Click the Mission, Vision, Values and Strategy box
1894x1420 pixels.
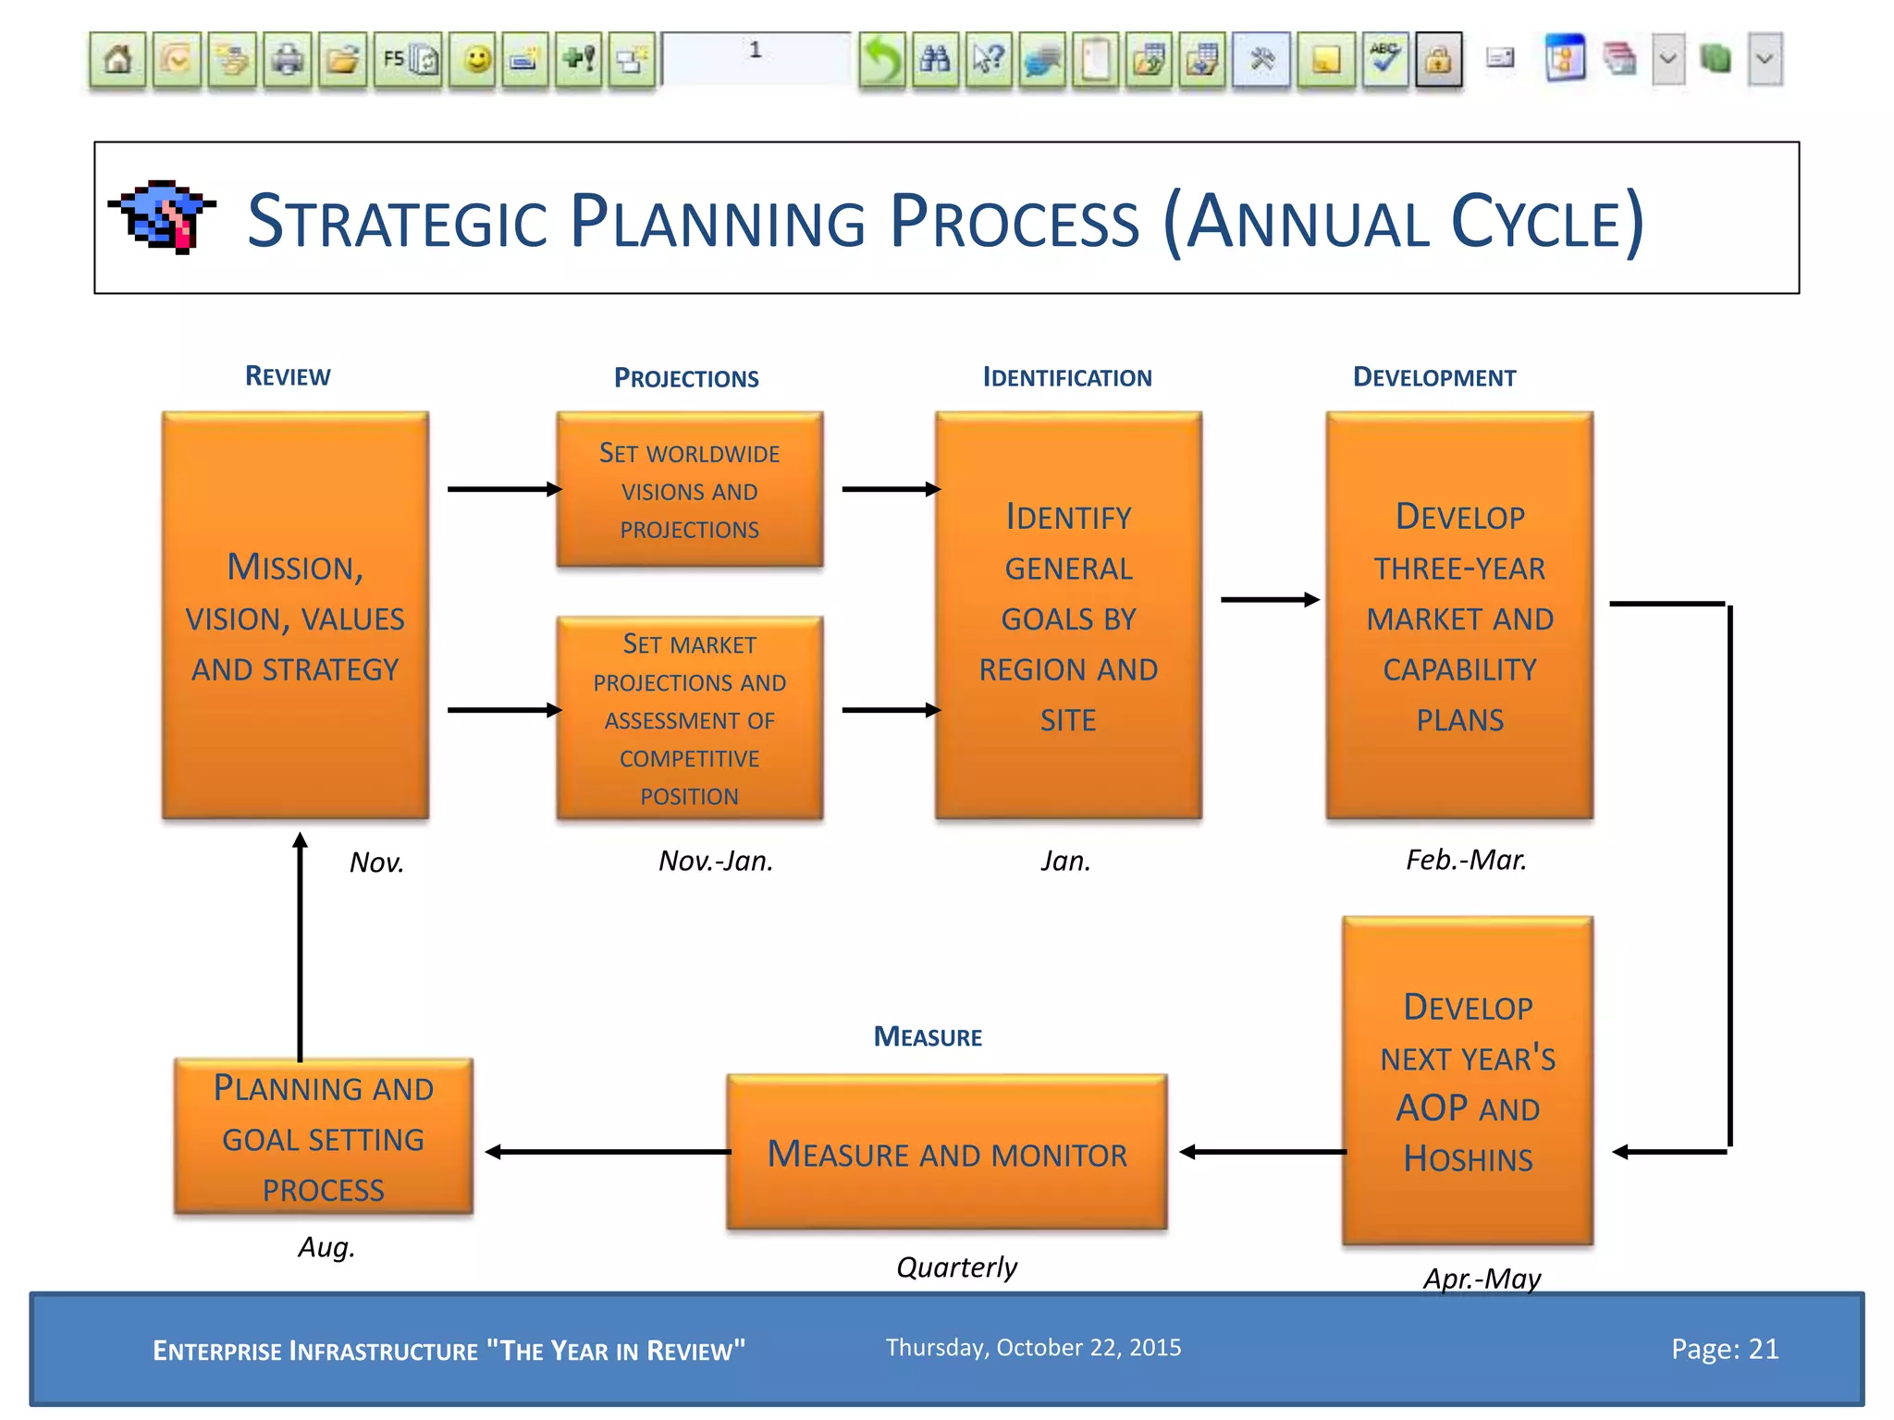point(295,616)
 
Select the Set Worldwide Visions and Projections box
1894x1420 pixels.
point(689,490)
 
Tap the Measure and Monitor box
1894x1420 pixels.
point(946,1153)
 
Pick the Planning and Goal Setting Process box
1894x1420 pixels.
point(323,1137)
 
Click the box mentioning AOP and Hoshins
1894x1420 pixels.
point(1467,1082)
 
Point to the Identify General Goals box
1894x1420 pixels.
point(1068,616)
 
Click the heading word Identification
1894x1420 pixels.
point(1066,377)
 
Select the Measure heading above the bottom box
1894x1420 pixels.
point(928,1036)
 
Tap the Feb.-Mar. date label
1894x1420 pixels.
point(1466,860)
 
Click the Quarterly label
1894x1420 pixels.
point(956,1267)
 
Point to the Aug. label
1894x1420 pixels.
point(326,1247)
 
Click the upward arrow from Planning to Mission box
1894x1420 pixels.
point(300,943)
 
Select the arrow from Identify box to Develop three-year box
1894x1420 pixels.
point(1269,600)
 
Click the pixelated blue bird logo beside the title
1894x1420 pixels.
point(163,216)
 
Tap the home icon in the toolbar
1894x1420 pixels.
point(117,60)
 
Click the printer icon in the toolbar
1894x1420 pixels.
point(288,60)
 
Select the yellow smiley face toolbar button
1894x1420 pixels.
point(476,60)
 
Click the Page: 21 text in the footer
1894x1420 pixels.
point(1724,1349)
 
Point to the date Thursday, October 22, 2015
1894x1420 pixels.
point(1033,1347)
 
